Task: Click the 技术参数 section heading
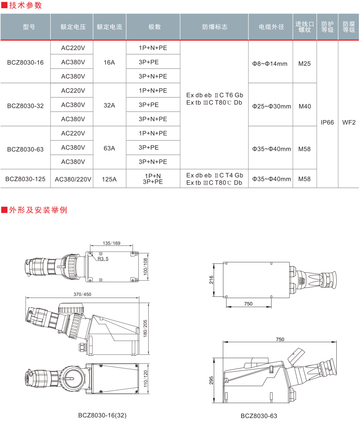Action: [26, 5]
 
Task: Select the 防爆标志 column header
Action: [214, 27]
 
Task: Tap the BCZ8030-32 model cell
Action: [25, 106]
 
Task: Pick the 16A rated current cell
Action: [109, 62]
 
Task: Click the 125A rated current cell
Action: [109, 179]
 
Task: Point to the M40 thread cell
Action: [305, 106]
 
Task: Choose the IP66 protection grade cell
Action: [327, 122]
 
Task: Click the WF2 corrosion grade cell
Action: [349, 122]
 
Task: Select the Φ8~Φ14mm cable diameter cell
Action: [270, 64]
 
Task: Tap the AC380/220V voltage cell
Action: [73, 179]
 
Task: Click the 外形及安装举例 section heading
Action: [38, 210]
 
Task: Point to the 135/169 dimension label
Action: [111, 243]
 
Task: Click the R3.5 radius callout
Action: [103, 259]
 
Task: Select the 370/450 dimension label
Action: [82, 294]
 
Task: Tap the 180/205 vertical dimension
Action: [145, 328]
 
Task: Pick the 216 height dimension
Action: [211, 280]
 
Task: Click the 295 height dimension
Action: [211, 381]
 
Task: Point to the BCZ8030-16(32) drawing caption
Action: [102, 415]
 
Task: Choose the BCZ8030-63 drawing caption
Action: [259, 416]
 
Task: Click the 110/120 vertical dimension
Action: [146, 379]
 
